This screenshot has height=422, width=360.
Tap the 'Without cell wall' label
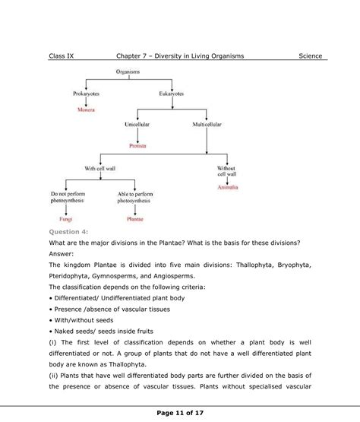click(x=227, y=171)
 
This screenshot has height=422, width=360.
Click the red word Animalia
click(x=227, y=187)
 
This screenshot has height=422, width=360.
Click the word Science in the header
click(x=310, y=56)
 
